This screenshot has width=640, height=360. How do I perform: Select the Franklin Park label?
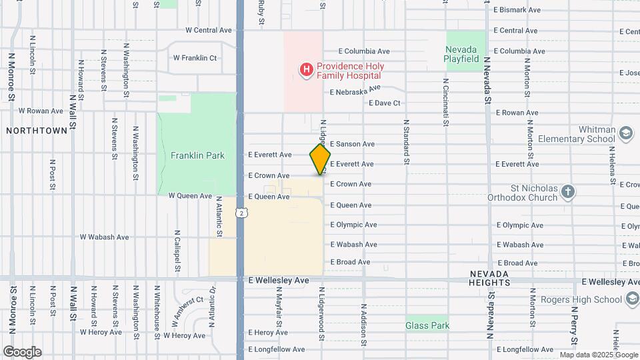(197, 155)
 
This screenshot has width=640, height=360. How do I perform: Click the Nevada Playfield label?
(461, 54)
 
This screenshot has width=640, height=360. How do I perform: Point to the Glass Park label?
(427, 326)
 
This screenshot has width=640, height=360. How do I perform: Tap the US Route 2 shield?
(241, 212)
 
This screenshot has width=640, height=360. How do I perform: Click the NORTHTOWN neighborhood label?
(37, 131)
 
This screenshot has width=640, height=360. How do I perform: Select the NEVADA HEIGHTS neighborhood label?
(490, 279)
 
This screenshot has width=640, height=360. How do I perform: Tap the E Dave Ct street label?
(385, 103)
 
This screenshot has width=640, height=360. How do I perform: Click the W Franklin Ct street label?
(195, 58)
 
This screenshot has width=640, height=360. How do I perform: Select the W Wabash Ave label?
(104, 237)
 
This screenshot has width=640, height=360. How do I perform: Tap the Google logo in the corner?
(22, 352)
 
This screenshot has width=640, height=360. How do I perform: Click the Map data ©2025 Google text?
(598, 355)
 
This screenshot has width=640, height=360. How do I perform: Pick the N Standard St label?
(405, 142)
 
